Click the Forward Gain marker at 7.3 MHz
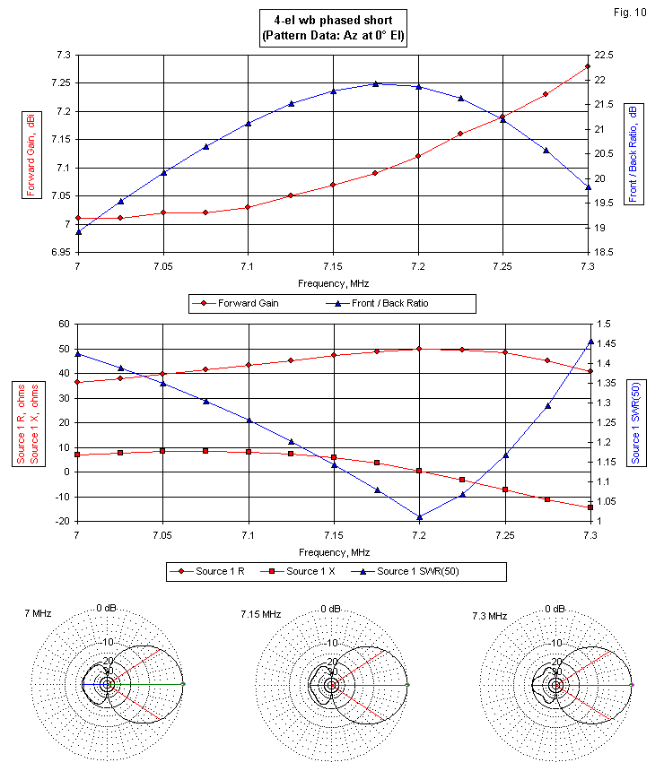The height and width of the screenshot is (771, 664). click(x=588, y=66)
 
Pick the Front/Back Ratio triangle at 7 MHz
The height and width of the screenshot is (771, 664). click(x=78, y=232)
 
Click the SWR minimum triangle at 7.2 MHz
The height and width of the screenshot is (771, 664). click(x=418, y=516)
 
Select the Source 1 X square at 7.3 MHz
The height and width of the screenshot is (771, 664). click(x=590, y=507)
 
